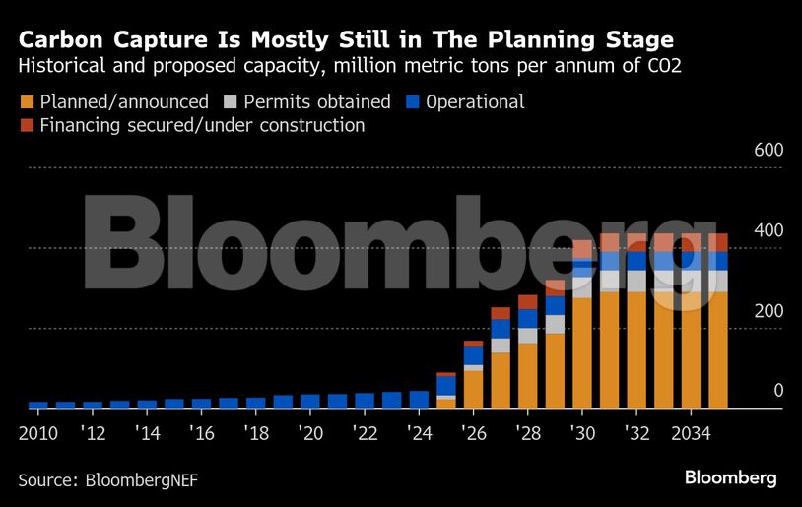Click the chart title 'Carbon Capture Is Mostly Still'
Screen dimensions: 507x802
click(x=346, y=40)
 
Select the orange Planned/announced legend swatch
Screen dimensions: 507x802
click(x=27, y=102)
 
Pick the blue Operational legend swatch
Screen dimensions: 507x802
click(x=413, y=102)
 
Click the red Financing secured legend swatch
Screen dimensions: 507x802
click(x=27, y=126)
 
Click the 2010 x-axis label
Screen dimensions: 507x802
click(x=37, y=434)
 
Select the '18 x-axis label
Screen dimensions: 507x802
click(x=256, y=434)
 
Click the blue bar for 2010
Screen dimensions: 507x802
click(x=37, y=405)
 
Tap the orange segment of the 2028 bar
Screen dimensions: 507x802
click(x=528, y=375)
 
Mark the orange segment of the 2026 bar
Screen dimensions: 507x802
click(x=474, y=389)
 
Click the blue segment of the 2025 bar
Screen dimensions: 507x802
click(x=446, y=385)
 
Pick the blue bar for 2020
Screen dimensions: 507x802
click(x=310, y=401)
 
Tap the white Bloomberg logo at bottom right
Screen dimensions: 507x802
click(x=731, y=478)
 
